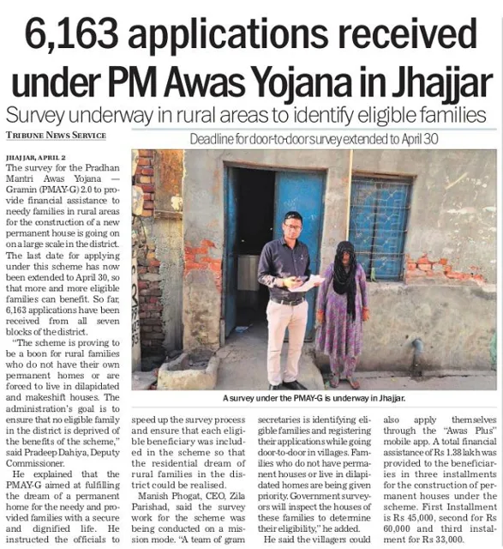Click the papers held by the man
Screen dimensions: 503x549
click(x=306, y=283)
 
